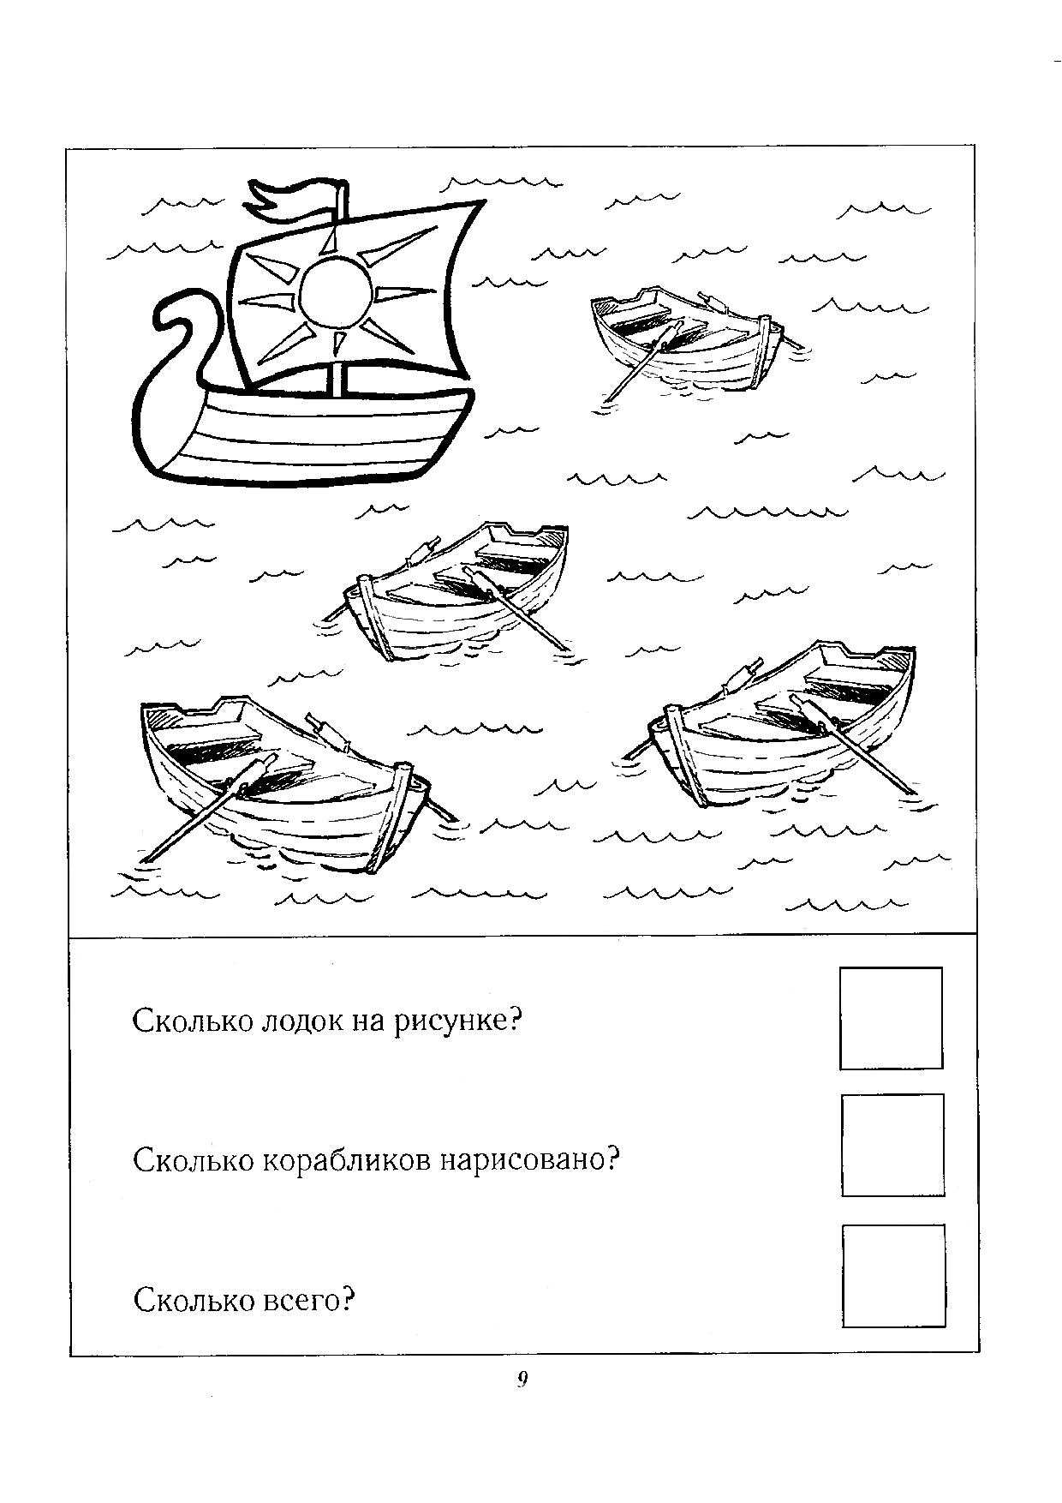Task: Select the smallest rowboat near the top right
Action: click(689, 338)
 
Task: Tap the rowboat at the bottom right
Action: click(779, 728)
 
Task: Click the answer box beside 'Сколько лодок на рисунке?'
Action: click(891, 1018)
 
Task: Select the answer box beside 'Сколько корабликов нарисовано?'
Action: click(892, 1145)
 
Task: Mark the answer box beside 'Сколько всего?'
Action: click(893, 1276)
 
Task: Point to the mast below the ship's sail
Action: click(337, 380)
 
